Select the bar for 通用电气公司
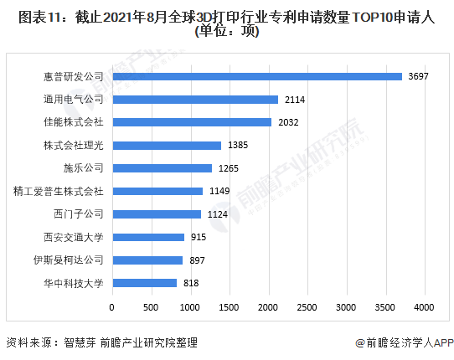tap(194, 99)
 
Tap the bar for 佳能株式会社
tap(191, 122)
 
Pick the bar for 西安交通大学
tap(147, 237)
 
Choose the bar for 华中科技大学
tap(144, 283)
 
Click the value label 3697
tap(418, 76)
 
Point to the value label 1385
tap(239, 145)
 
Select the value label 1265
tap(230, 168)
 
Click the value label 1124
tap(219, 214)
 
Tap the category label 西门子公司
tap(78, 214)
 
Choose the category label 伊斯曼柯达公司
tap(68, 260)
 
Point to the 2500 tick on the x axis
tap(307, 307)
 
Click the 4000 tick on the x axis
tap(424, 307)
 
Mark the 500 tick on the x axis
tap(151, 307)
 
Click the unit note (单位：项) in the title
tap(226, 32)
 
